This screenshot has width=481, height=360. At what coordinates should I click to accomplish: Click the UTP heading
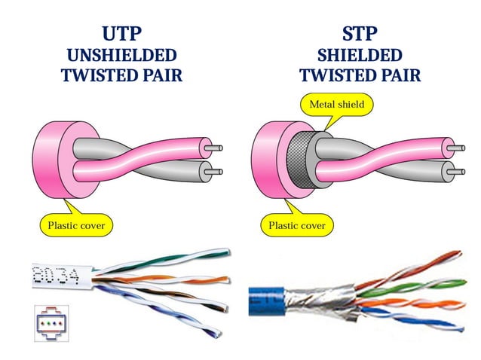[x=121, y=34]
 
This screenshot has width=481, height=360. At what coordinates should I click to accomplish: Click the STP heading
[x=360, y=34]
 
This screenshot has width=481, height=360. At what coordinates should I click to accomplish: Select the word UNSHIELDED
[x=121, y=55]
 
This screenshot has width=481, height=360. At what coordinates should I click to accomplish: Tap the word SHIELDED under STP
[x=360, y=55]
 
